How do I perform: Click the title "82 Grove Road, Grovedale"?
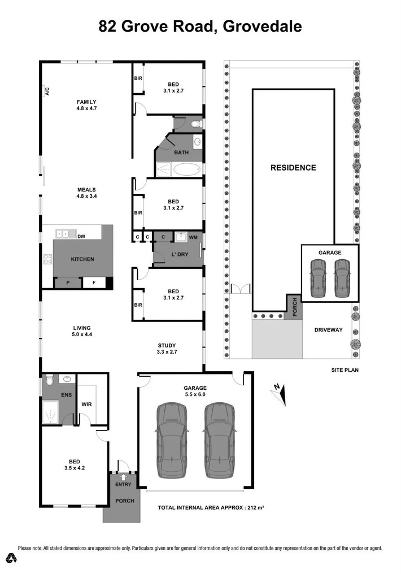pos(200,26)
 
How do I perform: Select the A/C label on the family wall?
pos(47,91)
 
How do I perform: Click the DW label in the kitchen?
pos(81,236)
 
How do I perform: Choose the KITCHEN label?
pos(82,259)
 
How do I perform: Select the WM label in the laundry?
pos(193,237)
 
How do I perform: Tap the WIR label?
pos(86,405)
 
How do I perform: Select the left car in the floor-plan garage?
pos(172,440)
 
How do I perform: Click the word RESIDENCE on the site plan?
pos(293,168)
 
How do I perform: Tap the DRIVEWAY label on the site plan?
pos(328,330)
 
